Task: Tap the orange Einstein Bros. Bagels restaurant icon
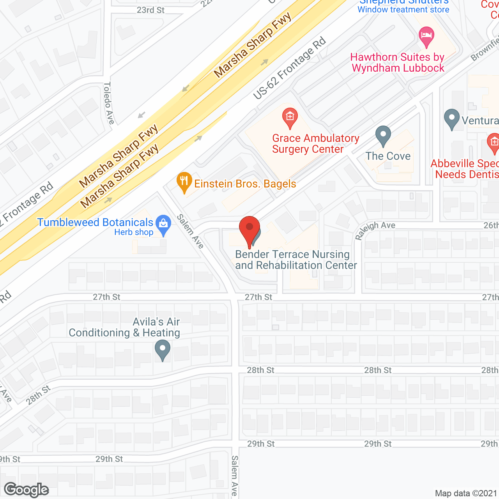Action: (x=184, y=182)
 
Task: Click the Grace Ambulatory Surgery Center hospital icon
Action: (x=290, y=117)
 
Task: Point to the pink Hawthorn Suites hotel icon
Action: (x=426, y=36)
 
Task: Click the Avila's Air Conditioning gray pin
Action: (x=163, y=349)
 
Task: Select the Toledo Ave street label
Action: (x=109, y=103)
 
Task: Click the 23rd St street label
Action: (x=150, y=10)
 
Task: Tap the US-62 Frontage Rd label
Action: (x=289, y=69)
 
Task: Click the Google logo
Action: (x=27, y=490)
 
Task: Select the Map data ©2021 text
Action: (x=466, y=493)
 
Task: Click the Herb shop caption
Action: (x=134, y=232)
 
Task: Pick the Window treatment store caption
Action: (x=403, y=10)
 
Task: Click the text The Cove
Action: (x=388, y=156)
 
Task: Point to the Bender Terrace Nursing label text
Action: (x=292, y=255)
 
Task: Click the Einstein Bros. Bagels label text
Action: (x=245, y=184)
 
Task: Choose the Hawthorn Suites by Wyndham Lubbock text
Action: (x=398, y=62)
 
